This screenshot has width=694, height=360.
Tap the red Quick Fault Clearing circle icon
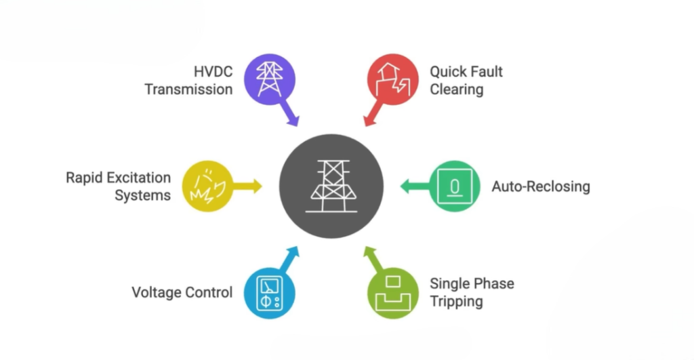tap(392, 79)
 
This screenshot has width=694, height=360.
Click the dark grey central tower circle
tap(331, 186)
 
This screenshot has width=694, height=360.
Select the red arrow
tap(372, 115)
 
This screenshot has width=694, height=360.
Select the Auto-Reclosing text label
tap(540, 186)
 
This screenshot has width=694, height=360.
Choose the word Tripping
tap(456, 301)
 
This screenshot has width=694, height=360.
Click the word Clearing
tap(456, 89)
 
